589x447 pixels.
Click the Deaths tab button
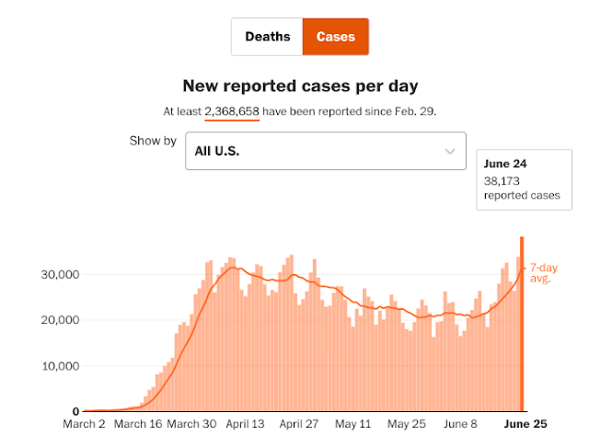[x=267, y=37]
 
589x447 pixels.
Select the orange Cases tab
[x=336, y=37]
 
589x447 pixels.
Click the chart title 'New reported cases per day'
[x=300, y=86]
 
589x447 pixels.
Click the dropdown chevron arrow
[x=450, y=151]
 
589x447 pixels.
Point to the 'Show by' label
[x=153, y=141]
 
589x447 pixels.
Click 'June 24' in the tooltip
[x=502, y=164]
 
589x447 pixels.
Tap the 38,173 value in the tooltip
[x=502, y=181]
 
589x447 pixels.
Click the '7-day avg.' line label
[x=540, y=273]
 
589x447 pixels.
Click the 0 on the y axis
[x=75, y=411]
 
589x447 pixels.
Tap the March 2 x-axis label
[x=86, y=425]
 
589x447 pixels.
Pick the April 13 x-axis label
[x=246, y=425]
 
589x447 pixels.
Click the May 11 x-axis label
[x=352, y=425]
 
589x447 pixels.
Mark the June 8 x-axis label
[x=460, y=425]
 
